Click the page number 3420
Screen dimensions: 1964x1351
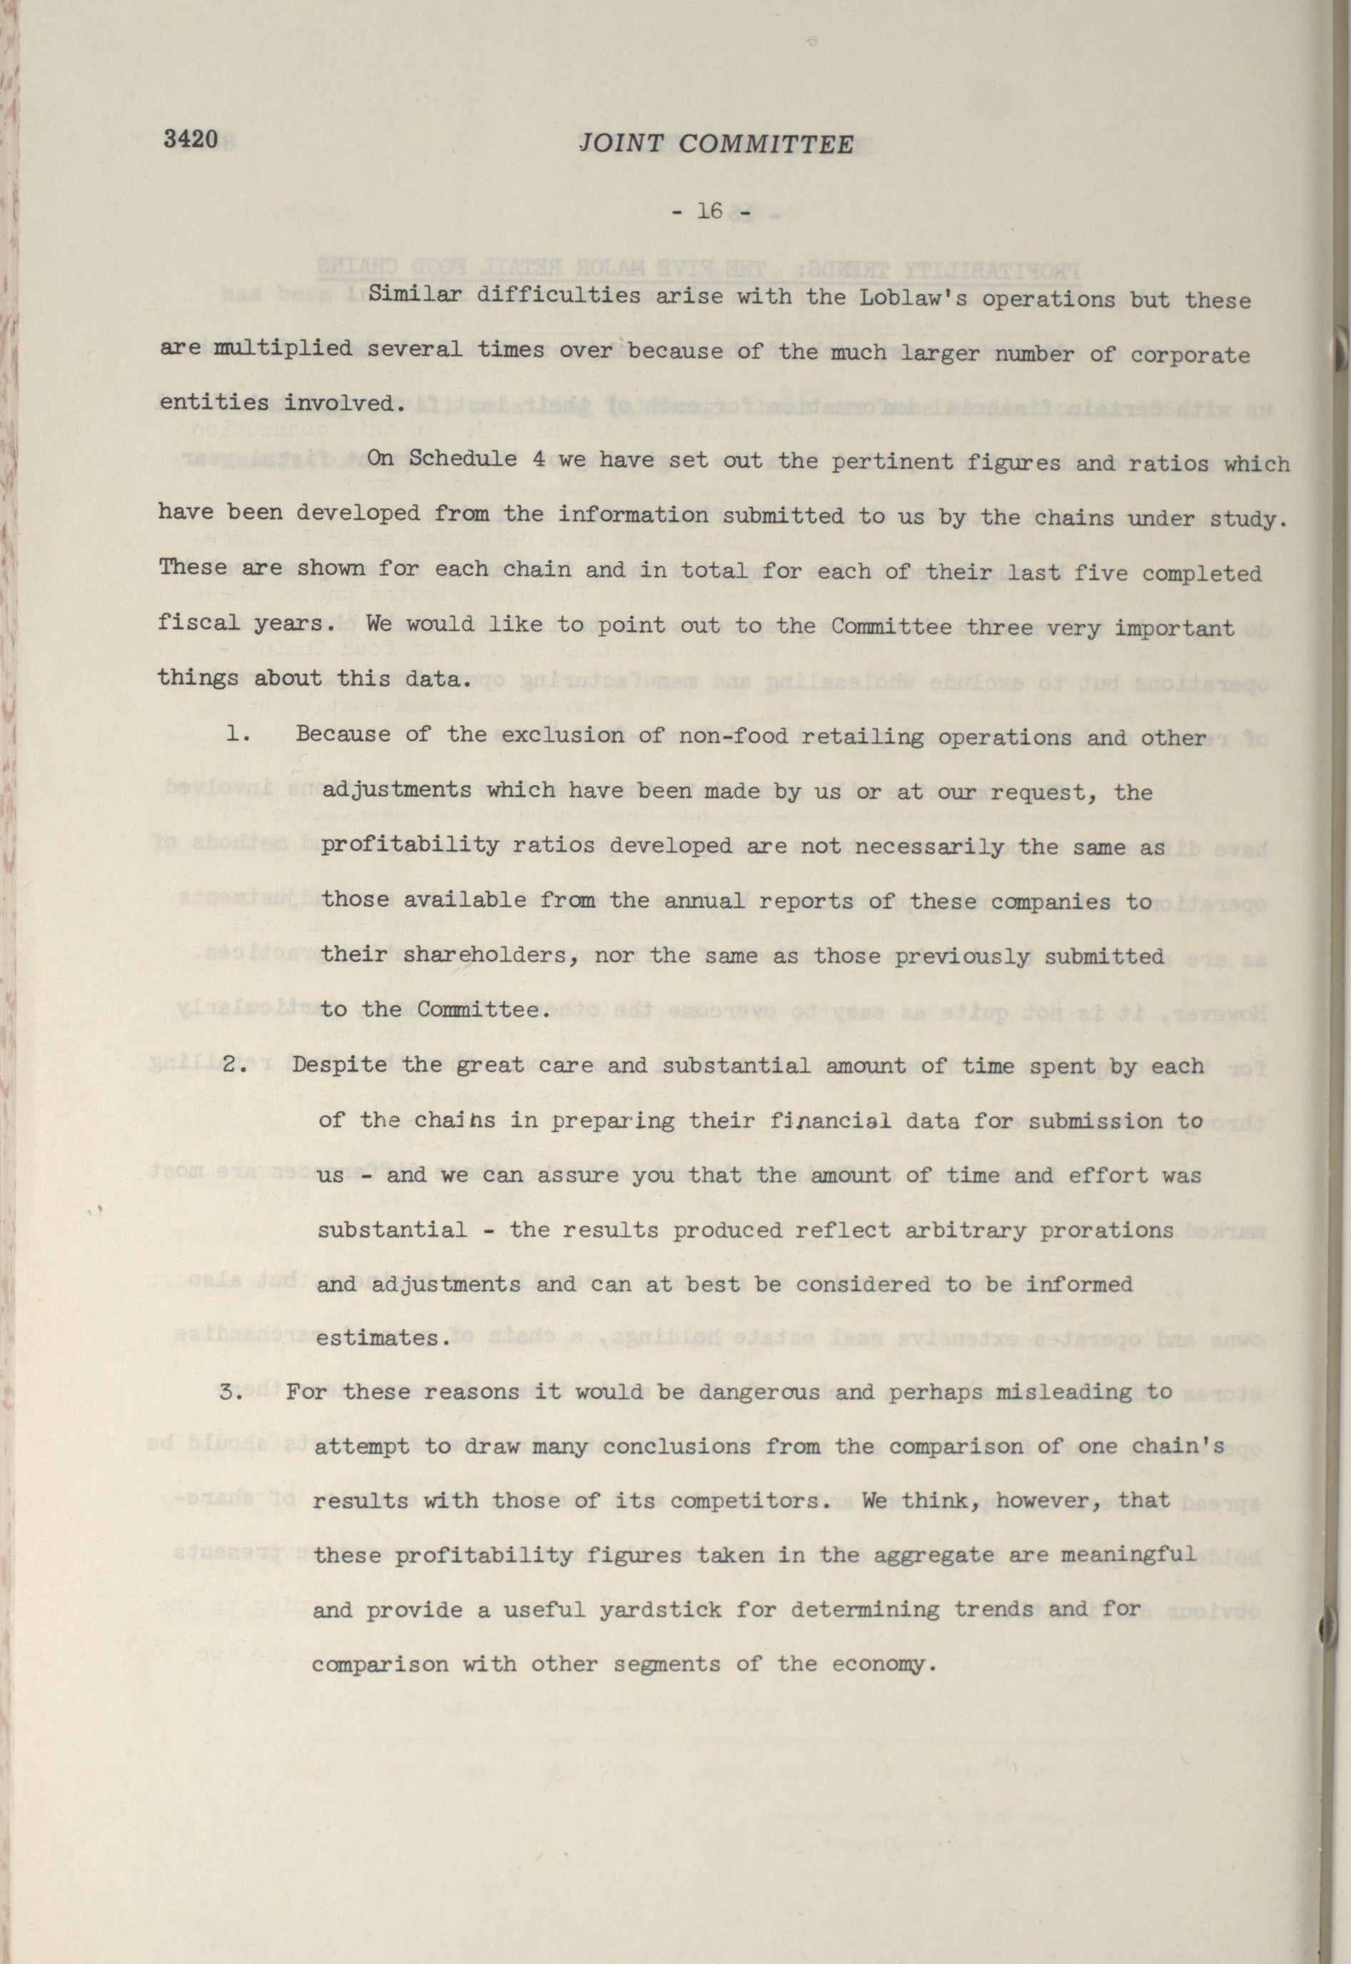(x=192, y=139)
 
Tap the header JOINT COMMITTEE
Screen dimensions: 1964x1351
(x=716, y=145)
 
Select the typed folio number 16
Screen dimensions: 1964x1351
(x=709, y=212)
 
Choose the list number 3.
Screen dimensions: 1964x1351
(x=231, y=1392)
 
